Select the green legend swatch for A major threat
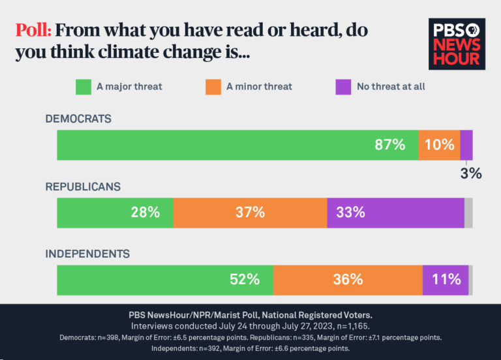pyautogui.click(x=83, y=87)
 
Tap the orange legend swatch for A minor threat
pyautogui.click(x=213, y=87)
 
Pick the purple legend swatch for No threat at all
pyautogui.click(x=343, y=87)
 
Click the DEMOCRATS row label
pyautogui.click(x=78, y=119)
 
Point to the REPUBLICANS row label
pyautogui.click(x=83, y=187)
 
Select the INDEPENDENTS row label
pyautogui.click(x=87, y=254)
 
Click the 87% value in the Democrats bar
pyautogui.click(x=389, y=145)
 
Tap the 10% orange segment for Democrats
pyautogui.click(x=439, y=145)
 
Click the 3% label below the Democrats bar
pyautogui.click(x=470, y=173)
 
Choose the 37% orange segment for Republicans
pyautogui.click(x=250, y=213)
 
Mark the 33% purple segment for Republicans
pyautogui.click(x=395, y=213)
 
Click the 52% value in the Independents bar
pyautogui.click(x=245, y=280)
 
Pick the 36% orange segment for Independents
pyautogui.click(x=348, y=280)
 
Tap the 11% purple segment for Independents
pyautogui.click(x=446, y=280)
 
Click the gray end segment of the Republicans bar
pyautogui.click(x=468, y=213)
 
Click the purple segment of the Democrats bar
pyautogui.click(x=466, y=145)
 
